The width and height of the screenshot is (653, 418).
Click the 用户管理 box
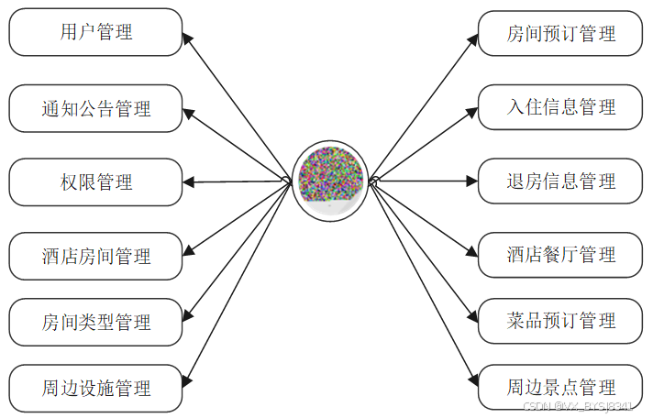pyautogui.click(x=95, y=32)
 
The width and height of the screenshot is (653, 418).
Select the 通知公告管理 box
pyautogui.click(x=95, y=108)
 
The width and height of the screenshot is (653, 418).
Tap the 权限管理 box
pyautogui.click(x=95, y=181)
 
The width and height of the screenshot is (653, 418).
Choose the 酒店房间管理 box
pyautogui.click(x=95, y=256)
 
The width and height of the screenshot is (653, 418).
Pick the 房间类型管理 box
pyautogui.click(x=95, y=322)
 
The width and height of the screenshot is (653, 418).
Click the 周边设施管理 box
pyautogui.click(x=95, y=388)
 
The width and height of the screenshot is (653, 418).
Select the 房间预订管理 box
pyautogui.click(x=560, y=33)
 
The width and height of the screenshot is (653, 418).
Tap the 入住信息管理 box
pyautogui.click(x=560, y=107)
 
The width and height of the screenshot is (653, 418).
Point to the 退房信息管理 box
pyautogui.click(x=560, y=181)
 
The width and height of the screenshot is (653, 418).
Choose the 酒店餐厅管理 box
pyautogui.click(x=560, y=254)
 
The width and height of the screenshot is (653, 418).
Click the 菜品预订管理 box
pyautogui.click(x=560, y=321)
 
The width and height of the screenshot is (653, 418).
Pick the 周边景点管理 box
pyautogui.click(x=560, y=387)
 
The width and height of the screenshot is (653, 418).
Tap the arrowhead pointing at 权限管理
pyautogui.click(x=189, y=182)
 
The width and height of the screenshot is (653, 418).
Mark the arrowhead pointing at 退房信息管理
pyautogui.click(x=471, y=181)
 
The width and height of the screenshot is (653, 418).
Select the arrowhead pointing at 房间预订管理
pyautogui.click(x=472, y=39)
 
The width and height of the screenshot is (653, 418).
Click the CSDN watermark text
pyautogui.click(x=577, y=406)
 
